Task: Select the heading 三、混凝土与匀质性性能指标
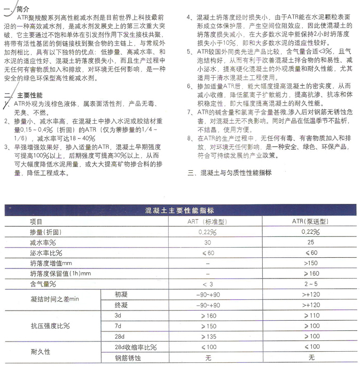click(x=230, y=173)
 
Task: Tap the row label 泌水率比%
click(x=45, y=252)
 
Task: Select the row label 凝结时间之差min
click(x=55, y=299)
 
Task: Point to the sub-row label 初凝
click(x=121, y=294)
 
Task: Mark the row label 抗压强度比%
click(x=50, y=326)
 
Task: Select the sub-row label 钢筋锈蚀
click(x=127, y=357)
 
